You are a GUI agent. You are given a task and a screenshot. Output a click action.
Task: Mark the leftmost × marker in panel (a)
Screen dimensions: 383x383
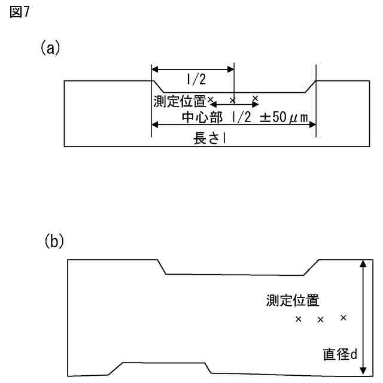210,98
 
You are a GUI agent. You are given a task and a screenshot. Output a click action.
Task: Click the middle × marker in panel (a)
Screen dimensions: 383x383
233,99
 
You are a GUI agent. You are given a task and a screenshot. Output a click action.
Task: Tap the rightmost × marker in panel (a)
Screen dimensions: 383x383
256,98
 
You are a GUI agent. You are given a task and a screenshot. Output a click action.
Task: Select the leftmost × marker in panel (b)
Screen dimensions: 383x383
298,319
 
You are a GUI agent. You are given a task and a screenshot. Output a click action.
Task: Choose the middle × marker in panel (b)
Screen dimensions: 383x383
320,320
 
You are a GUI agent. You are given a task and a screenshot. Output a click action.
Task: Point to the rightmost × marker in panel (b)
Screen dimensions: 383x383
343,318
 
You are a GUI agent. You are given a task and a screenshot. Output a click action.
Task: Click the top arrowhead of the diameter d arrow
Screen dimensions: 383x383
361,264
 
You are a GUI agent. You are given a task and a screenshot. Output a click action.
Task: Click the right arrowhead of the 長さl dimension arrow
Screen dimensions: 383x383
312,124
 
